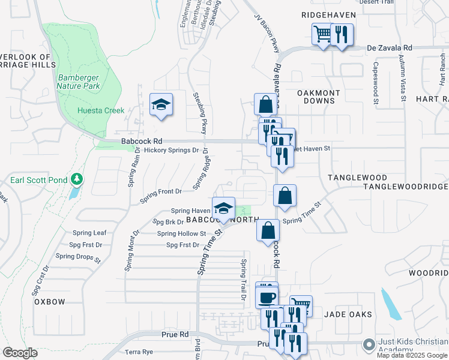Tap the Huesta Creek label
coord(101,110)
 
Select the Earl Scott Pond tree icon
coord(77,179)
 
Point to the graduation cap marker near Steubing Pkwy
coord(161,106)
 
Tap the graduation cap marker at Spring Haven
coord(223,209)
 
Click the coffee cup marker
coord(267,298)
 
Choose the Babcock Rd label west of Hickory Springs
coord(137,141)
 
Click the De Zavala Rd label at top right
coord(390,47)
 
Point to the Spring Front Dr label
coord(160,191)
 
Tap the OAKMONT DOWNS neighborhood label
coord(319,97)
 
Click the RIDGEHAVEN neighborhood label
coord(329,14)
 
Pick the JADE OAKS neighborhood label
coord(348,314)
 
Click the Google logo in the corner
coord(20,353)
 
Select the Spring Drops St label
coord(78,256)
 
